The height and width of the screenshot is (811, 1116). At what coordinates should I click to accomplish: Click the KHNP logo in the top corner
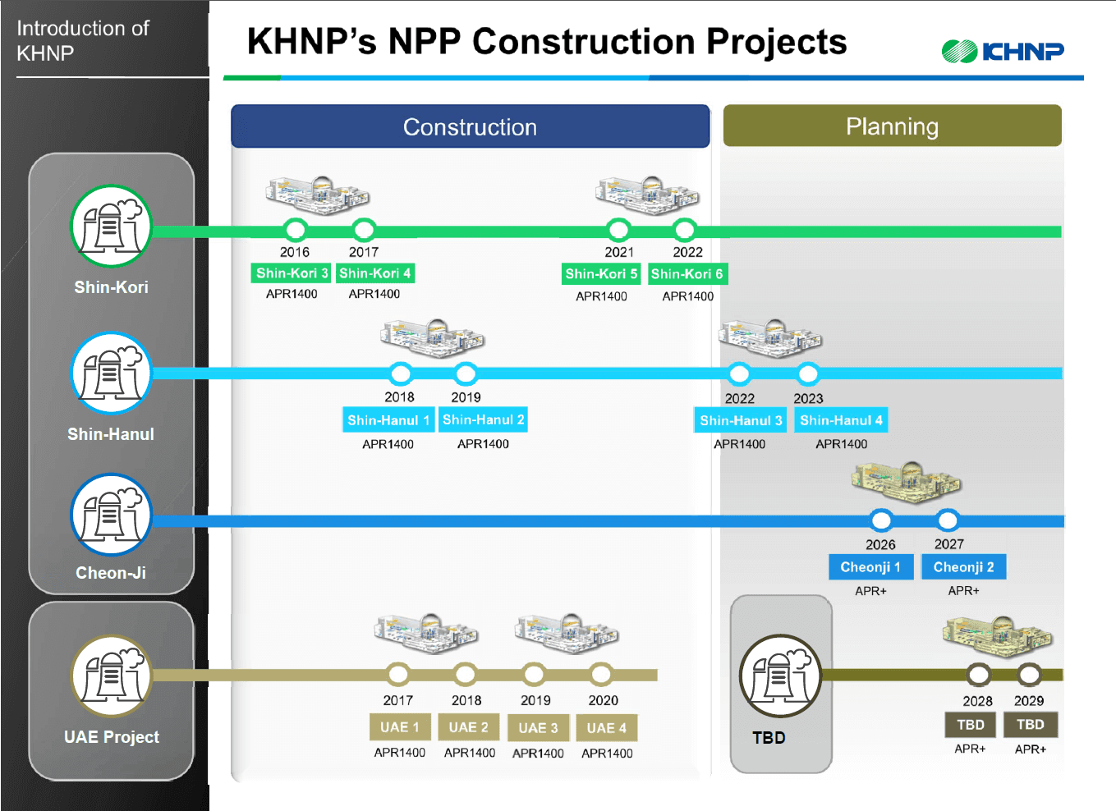click(x=1003, y=52)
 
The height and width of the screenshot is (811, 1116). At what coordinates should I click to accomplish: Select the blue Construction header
click(x=470, y=126)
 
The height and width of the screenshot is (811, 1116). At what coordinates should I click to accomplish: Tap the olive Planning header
click(x=892, y=126)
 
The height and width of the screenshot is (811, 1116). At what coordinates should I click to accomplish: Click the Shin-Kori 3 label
click(x=292, y=273)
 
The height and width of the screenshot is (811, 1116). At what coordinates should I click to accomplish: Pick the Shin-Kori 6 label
click(x=687, y=274)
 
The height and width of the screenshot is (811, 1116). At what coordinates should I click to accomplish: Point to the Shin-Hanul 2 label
click(x=483, y=419)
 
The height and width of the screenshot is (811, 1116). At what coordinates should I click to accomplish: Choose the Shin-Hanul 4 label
click(x=841, y=420)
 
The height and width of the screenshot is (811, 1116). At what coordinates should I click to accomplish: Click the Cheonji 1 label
click(x=870, y=567)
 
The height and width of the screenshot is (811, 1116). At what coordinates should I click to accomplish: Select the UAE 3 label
click(x=538, y=728)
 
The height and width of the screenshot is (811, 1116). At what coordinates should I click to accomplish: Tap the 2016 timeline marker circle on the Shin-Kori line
click(x=295, y=230)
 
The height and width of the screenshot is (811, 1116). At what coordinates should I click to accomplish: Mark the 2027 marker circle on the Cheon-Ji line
click(x=948, y=520)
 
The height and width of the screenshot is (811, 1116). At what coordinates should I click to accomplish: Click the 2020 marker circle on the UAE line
click(x=601, y=675)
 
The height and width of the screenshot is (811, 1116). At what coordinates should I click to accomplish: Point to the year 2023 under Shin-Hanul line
click(x=808, y=398)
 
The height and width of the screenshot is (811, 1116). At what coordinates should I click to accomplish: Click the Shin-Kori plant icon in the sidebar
click(x=112, y=226)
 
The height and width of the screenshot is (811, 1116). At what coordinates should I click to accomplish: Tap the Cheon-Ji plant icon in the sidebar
click(x=112, y=515)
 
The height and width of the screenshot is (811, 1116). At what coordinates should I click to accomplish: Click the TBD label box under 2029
click(x=1030, y=725)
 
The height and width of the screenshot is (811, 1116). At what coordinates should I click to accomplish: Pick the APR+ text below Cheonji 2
click(x=963, y=591)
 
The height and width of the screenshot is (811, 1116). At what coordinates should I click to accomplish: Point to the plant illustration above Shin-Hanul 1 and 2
click(x=433, y=337)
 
